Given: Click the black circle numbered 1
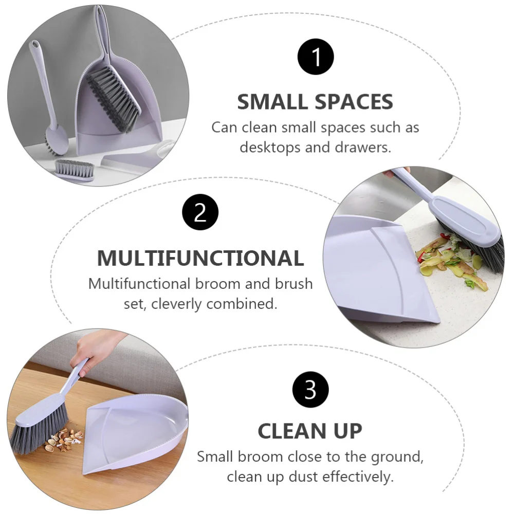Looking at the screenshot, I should click(x=316, y=57).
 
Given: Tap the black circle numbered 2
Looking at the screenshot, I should click(x=200, y=212).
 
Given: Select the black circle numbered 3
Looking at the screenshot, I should click(x=310, y=390).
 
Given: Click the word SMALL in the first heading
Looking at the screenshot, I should click(x=271, y=102).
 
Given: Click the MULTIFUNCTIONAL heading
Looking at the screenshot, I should click(x=200, y=258).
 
